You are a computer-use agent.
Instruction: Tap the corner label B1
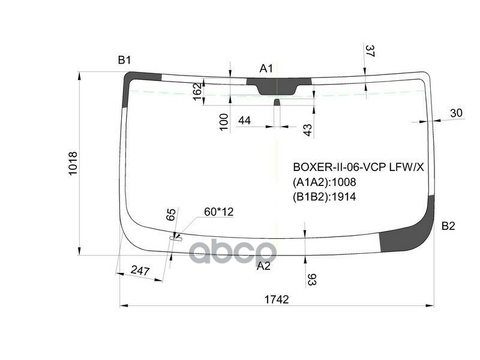tap(124, 60)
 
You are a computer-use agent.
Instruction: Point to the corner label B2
tap(448, 226)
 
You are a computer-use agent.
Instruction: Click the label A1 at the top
tap(266, 68)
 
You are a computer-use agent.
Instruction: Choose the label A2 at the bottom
tap(263, 266)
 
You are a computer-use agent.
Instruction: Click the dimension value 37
tap(370, 52)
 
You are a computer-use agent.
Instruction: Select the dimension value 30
tap(456, 113)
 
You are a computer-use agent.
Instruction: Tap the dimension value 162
tap(197, 92)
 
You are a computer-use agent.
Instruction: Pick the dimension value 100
tap(224, 121)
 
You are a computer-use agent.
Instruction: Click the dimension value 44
tap(244, 121)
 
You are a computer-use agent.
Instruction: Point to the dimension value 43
tap(307, 130)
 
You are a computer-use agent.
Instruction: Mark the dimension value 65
tap(171, 215)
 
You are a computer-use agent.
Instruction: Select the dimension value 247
tap(140, 271)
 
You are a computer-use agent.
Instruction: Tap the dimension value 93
tap(312, 280)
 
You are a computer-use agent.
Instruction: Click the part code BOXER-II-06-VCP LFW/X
tap(358, 167)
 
